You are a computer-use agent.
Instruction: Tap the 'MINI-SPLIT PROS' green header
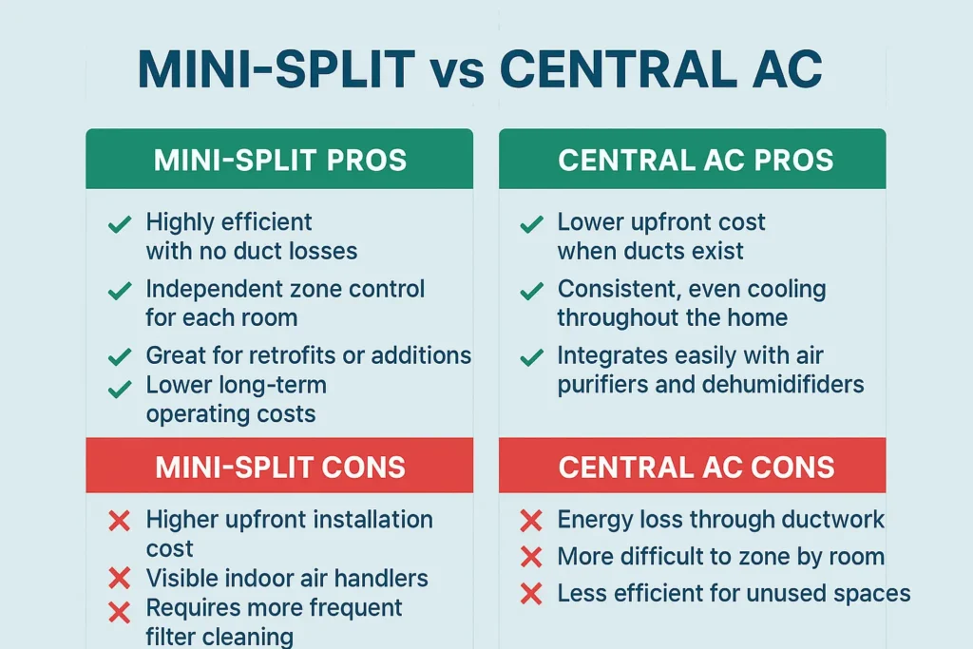point(279,160)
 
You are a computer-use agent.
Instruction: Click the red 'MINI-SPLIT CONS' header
point(279,467)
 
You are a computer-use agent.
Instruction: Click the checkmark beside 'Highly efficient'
point(119,225)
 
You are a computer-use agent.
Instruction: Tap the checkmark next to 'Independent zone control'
point(119,291)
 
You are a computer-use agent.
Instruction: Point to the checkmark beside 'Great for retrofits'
point(119,357)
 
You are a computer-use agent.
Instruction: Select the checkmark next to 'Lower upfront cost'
point(531,225)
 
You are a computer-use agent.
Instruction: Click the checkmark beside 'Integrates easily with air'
point(531,357)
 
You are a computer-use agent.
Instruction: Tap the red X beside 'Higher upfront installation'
point(119,521)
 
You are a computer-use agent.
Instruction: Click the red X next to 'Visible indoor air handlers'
point(119,578)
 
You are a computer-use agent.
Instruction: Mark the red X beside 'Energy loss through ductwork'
point(531,521)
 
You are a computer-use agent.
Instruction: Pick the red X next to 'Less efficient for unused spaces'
point(531,595)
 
